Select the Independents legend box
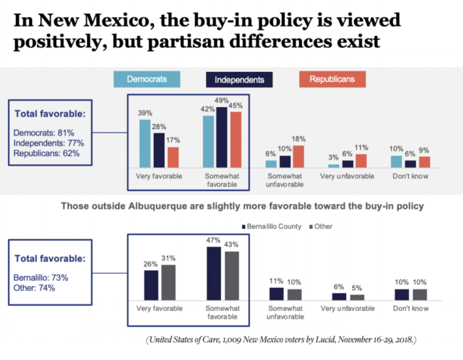240,80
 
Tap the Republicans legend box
333,79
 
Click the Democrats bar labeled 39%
145,143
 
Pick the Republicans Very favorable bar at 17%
172,157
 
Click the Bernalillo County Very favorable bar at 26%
151,285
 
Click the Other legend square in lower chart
308,227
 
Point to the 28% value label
158,127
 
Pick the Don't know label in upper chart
410,174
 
